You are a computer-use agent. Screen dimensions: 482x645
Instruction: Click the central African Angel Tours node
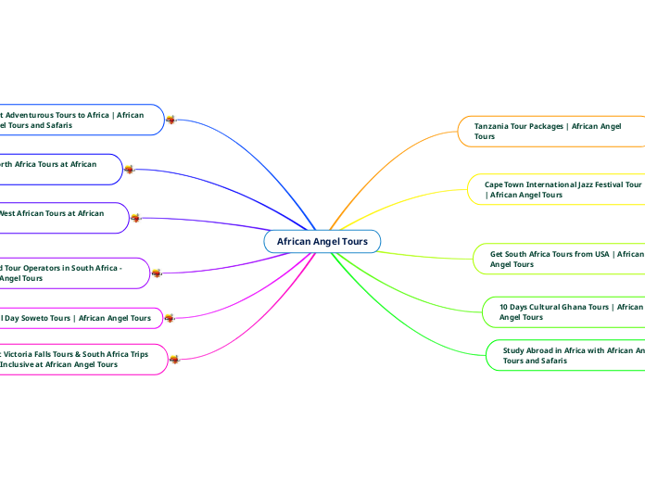click(322, 241)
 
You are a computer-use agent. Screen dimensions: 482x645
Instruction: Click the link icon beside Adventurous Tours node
click(171, 120)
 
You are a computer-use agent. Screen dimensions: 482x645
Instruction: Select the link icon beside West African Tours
click(135, 218)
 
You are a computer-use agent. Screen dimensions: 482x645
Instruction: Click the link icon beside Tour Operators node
click(156, 273)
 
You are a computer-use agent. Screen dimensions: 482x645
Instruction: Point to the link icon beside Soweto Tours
click(170, 318)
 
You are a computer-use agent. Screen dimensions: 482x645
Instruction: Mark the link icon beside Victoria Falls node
click(173, 359)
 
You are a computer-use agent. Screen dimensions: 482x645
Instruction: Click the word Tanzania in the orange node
click(494, 125)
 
